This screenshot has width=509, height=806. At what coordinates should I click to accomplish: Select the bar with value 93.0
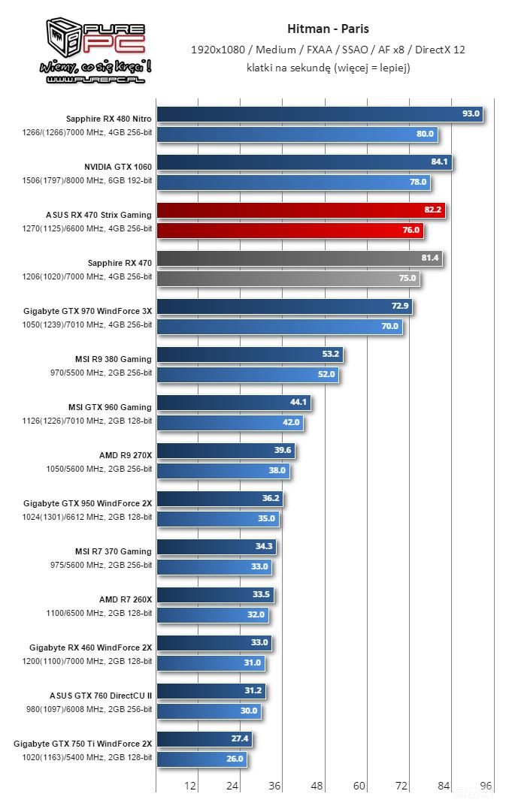pos(319,114)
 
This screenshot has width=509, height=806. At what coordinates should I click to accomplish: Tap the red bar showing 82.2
pos(301,210)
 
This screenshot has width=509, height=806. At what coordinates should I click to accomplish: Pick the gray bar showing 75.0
pos(287,278)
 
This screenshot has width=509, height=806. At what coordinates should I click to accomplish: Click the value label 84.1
pos(439,162)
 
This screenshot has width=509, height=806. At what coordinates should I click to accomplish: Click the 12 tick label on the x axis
pos(190,786)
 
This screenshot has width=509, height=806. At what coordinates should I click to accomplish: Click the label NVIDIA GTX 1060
pos(118,167)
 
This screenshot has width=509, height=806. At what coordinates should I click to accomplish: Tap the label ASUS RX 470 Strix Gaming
pos(98,215)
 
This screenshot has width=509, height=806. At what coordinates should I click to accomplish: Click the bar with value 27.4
pos(204,739)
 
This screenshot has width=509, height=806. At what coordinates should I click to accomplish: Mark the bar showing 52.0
pos(247,374)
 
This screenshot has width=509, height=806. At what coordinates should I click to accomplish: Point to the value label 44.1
pos(298,403)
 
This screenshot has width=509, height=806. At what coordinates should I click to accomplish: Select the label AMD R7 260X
pos(126,599)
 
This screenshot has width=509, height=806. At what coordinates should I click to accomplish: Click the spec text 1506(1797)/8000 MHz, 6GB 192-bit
pos(87,181)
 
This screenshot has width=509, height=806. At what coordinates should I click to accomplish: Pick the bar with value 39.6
pos(226,451)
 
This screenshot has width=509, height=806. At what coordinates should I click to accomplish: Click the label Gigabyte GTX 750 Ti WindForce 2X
pos(83,744)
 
